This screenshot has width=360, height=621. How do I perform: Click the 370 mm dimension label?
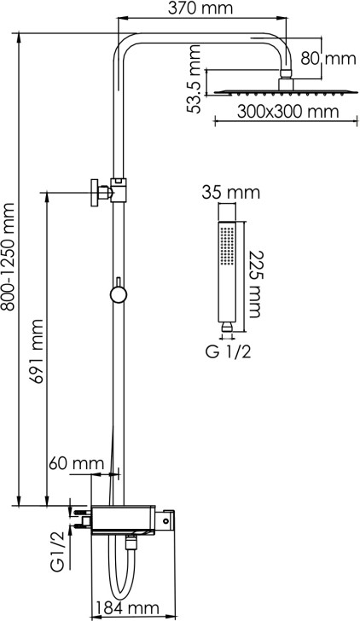200,8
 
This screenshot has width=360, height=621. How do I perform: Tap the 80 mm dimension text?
328,59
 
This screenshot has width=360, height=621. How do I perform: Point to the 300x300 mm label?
288,112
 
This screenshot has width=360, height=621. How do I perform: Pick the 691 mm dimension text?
38,351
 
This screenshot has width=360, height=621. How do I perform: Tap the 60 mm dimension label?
77,462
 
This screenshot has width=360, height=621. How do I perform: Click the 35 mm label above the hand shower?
231,194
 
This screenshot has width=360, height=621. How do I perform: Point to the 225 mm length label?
254,284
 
